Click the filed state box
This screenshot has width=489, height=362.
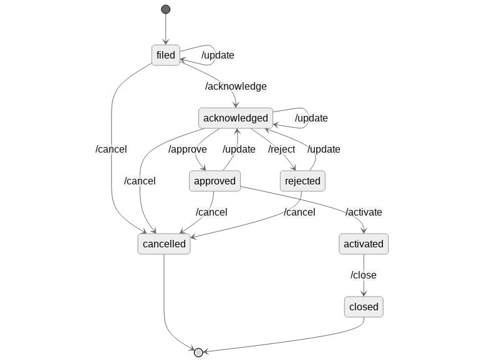pyautogui.click(x=166, y=55)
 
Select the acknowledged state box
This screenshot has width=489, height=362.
pyautogui.click(x=236, y=118)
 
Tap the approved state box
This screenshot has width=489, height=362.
pyautogui.click(x=215, y=181)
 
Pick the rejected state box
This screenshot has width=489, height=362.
pyautogui.click(x=303, y=181)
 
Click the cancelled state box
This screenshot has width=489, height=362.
pyautogui.click(x=164, y=244)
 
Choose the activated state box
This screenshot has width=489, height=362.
pyautogui.click(x=364, y=244)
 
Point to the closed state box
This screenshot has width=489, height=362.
pyautogui.click(x=364, y=307)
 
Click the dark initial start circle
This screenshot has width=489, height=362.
pyautogui.click(x=166, y=9)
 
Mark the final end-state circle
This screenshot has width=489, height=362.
pyautogui.click(x=198, y=353)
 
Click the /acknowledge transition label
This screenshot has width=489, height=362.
pyautogui.click(x=236, y=87)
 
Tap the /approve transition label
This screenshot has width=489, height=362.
pyautogui.click(x=188, y=150)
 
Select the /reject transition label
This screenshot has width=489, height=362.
pyautogui.click(x=281, y=150)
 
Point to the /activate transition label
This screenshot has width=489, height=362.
pyautogui.click(x=364, y=212)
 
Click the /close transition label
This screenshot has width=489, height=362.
pyautogui.click(x=364, y=275)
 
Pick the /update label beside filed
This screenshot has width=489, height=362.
pyautogui.click(x=218, y=55)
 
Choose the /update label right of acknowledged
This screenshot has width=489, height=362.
pyautogui.click(x=311, y=118)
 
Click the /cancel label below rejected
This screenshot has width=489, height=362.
pyautogui.click(x=299, y=212)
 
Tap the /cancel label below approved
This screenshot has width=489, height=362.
pyautogui.click(x=211, y=212)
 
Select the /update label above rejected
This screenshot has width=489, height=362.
pyautogui.click(x=324, y=150)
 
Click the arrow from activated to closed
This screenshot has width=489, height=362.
pyautogui.click(x=364, y=287)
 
